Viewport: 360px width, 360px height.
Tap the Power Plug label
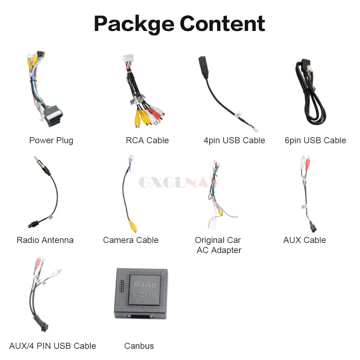tap(51, 140)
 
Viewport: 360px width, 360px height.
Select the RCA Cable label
tap(147, 140)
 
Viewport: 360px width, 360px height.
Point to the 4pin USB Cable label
tap(234, 140)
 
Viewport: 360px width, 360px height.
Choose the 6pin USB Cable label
tap(315, 140)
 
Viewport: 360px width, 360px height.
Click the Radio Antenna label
tap(45, 240)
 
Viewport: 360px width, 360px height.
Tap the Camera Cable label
tap(131, 240)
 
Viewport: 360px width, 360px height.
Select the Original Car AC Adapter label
tap(218, 245)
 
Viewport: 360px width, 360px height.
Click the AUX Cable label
tap(305, 240)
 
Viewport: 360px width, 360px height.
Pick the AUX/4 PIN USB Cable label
tap(53, 346)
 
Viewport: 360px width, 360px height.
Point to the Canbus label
tap(139, 346)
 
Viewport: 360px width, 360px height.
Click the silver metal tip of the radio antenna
tap(37, 161)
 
